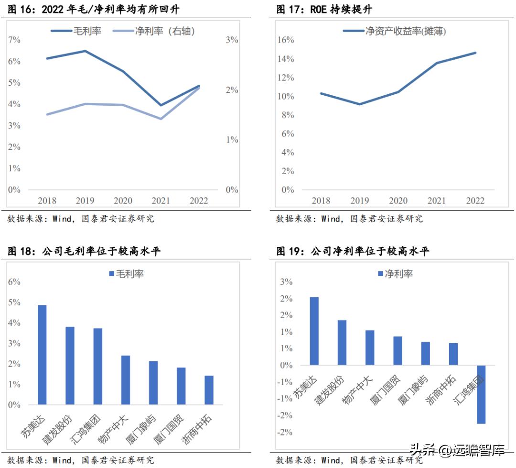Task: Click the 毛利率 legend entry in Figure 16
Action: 76,31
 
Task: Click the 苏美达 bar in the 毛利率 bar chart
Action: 42,355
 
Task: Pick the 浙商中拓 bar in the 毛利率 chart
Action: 209,390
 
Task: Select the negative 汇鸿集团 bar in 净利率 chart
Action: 481,394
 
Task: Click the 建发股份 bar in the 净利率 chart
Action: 342,343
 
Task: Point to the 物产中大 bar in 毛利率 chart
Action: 125,380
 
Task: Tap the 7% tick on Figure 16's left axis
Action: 14,40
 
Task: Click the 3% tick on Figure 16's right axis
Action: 232,40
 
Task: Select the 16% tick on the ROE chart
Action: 286,40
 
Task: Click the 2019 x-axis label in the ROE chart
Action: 360,201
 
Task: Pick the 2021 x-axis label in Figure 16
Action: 161,201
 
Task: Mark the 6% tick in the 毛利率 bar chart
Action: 14,282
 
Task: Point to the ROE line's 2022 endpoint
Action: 475,53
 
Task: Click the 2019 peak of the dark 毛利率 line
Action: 85,51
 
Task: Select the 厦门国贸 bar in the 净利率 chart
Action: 398,351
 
